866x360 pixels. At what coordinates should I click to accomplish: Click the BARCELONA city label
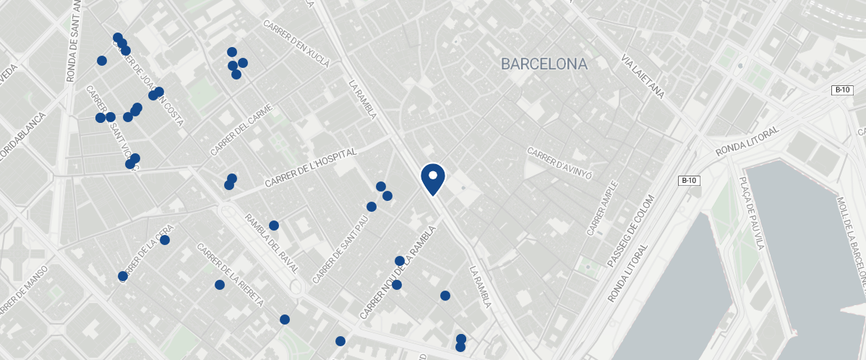(x=544, y=64)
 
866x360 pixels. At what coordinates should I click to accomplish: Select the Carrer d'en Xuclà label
(x=296, y=43)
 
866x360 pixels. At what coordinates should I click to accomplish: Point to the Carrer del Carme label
(x=241, y=131)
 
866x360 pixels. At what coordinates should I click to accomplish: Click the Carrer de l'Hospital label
(x=311, y=168)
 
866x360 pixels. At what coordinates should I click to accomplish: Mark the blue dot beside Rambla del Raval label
(x=274, y=226)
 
